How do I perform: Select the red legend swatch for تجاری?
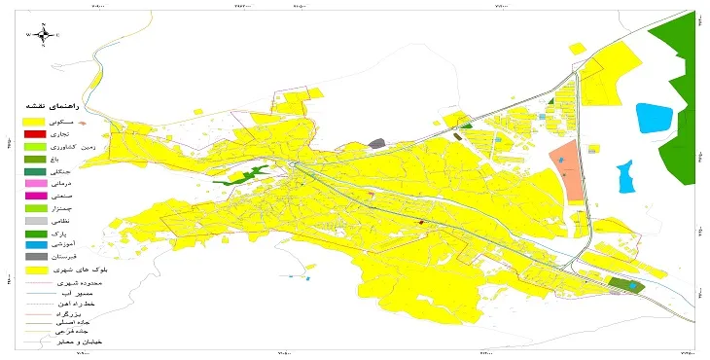pos(34,133)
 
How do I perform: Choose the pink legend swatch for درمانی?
pos(34,183)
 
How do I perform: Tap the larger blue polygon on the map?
pos(653,119)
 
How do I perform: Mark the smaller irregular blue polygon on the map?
pos(625,178)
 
